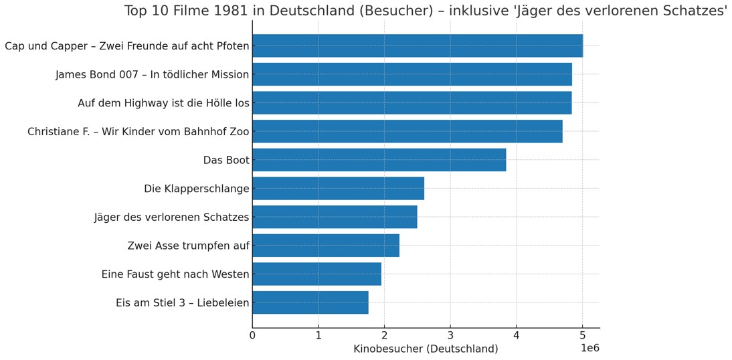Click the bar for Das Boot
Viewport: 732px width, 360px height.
pyautogui.click(x=379, y=160)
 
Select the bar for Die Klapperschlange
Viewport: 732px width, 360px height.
pyautogui.click(x=338, y=189)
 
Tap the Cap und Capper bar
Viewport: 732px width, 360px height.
pyautogui.click(x=418, y=46)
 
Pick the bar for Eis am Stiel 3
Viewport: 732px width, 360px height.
pyautogui.click(x=310, y=302)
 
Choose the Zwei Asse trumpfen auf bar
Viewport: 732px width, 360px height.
pyautogui.click(x=326, y=246)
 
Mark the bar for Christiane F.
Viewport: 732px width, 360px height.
pyautogui.click(x=407, y=131)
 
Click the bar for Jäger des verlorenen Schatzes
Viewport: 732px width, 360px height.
pyautogui.click(x=335, y=217)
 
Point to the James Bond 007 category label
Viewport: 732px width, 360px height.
pyautogui.click(x=152, y=74)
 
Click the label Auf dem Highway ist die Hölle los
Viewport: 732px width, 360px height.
pyautogui.click(x=163, y=103)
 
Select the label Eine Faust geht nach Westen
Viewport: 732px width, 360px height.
pyautogui.click(x=175, y=274)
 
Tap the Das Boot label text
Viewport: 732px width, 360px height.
pyautogui.click(x=226, y=160)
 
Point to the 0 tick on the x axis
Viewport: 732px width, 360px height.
pyautogui.click(x=252, y=335)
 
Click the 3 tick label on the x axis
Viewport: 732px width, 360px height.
pyautogui.click(x=450, y=335)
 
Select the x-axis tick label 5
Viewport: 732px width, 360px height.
pyautogui.click(x=582, y=335)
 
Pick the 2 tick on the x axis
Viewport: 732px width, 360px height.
pyautogui.click(x=384, y=335)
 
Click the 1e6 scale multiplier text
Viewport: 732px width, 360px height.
pyautogui.click(x=589, y=348)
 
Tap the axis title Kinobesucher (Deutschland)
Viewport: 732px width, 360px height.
pyautogui.click(x=426, y=349)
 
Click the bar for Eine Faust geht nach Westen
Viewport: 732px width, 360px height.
pyautogui.click(x=316, y=274)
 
